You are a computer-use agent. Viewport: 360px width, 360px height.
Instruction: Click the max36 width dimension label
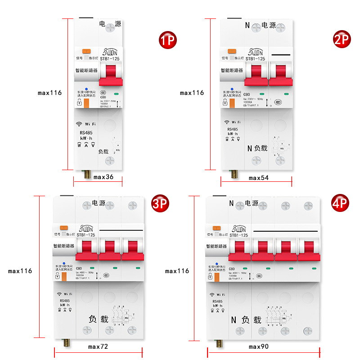(x=103, y=177)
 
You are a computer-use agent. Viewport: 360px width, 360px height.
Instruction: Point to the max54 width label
(x=259, y=178)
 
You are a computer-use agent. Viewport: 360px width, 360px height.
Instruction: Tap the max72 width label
(x=98, y=346)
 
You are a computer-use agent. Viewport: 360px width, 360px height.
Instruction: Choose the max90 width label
(x=259, y=346)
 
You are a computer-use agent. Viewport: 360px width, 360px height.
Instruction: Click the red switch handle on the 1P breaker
(x=111, y=74)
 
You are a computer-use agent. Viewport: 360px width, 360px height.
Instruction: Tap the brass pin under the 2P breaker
(x=234, y=173)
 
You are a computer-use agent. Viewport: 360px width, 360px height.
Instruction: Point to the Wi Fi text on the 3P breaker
(x=66, y=294)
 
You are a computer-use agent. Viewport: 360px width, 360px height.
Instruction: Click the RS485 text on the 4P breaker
(x=218, y=301)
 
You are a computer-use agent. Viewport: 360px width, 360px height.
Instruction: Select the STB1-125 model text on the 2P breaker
(x=255, y=58)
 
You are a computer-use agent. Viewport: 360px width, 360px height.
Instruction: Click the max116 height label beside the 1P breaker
(x=49, y=93)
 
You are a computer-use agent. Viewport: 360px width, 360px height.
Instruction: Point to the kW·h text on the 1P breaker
(x=86, y=138)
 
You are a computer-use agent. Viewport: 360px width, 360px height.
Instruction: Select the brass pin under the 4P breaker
(x=220, y=343)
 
